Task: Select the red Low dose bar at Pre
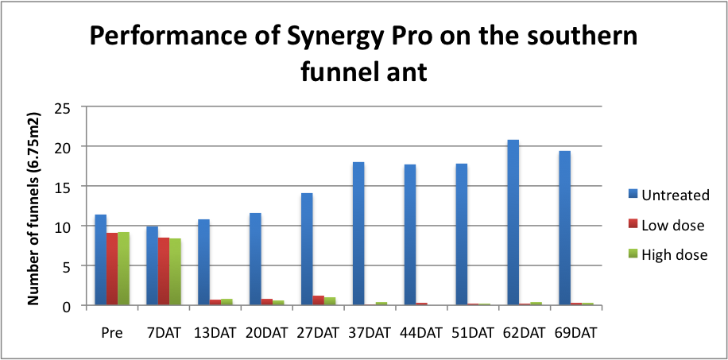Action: point(112,269)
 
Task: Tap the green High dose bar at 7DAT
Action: point(175,272)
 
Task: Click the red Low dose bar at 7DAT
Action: point(163,271)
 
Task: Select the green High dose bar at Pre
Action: point(123,269)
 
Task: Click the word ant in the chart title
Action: point(409,74)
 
